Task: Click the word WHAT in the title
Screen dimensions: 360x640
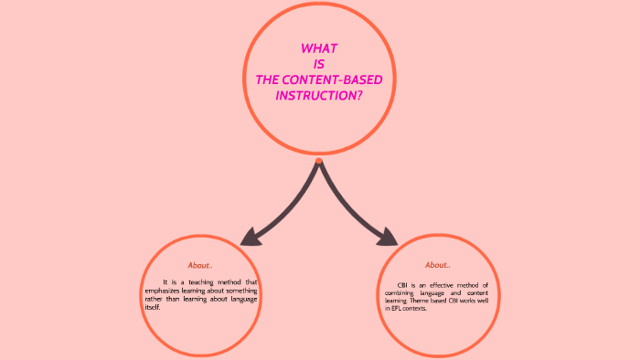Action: [x=319, y=48]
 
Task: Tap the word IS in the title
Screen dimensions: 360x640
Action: [x=319, y=64]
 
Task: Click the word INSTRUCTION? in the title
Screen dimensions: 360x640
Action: [x=319, y=95]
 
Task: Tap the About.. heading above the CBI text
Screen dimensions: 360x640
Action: [x=437, y=265]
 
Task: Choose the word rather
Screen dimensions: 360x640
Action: [x=156, y=299]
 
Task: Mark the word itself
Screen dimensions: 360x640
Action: [x=153, y=307]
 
